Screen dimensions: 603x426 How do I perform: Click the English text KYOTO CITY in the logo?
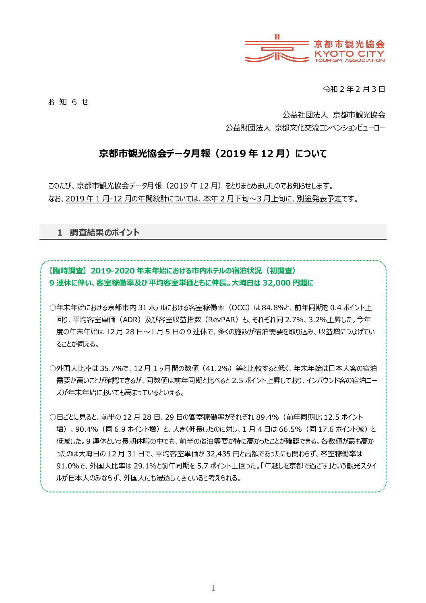(x=349, y=54)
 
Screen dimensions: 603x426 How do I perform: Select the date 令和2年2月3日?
(x=354, y=89)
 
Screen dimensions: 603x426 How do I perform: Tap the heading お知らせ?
(x=68, y=102)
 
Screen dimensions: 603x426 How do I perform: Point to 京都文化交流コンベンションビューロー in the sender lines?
(x=330, y=128)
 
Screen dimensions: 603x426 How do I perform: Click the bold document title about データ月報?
(x=213, y=153)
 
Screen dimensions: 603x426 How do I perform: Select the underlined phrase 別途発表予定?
(x=319, y=199)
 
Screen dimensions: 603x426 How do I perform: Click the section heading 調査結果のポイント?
(x=105, y=232)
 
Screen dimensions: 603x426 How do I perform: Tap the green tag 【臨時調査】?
(x=67, y=271)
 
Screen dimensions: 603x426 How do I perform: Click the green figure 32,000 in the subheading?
(x=276, y=283)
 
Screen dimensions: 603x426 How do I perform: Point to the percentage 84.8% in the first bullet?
(x=273, y=308)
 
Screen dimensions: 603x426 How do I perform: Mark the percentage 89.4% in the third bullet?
(x=267, y=417)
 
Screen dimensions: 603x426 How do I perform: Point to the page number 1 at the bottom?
(x=213, y=588)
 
